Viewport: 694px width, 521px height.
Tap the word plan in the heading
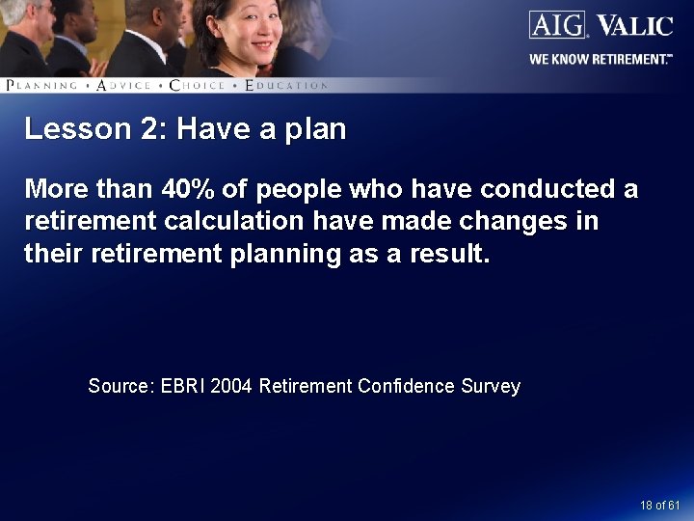coord(315,130)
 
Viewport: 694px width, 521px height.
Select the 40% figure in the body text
coord(189,188)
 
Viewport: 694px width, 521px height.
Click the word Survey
coord(491,386)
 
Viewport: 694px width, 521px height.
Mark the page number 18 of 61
coord(660,506)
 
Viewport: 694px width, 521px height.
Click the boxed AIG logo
coord(557,24)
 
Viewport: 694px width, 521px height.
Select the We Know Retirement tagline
coord(600,59)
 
